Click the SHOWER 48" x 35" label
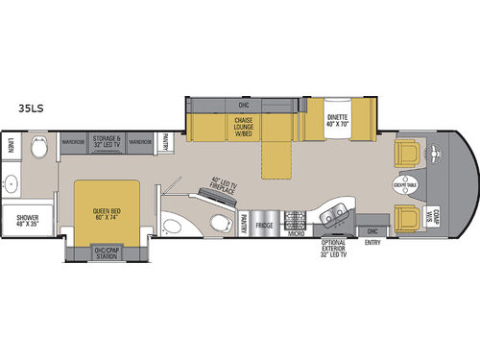(27, 221)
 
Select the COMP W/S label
(434, 218)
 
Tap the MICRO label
(297, 231)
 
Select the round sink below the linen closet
(13, 184)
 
